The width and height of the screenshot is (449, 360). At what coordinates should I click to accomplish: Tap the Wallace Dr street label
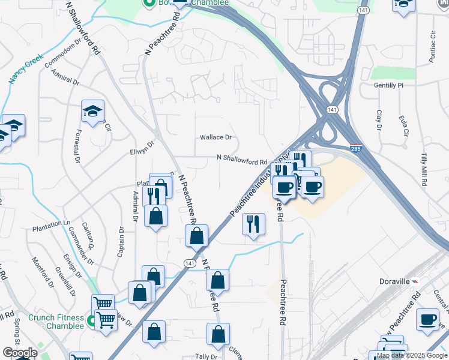pos(215,137)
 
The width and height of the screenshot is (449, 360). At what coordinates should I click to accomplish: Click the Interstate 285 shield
pos(357,146)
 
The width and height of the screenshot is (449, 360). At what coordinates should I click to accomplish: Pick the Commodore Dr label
pos(61,52)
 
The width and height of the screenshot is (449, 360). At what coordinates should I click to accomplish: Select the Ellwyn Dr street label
pos(142,147)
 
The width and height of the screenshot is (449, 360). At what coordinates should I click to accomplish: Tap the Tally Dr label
pos(206,356)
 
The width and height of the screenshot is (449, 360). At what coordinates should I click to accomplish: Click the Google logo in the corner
pos(20,353)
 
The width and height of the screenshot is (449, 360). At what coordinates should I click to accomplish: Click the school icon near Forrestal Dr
pos(93,111)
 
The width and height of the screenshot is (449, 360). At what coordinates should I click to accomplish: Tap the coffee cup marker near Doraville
pos(427,319)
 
